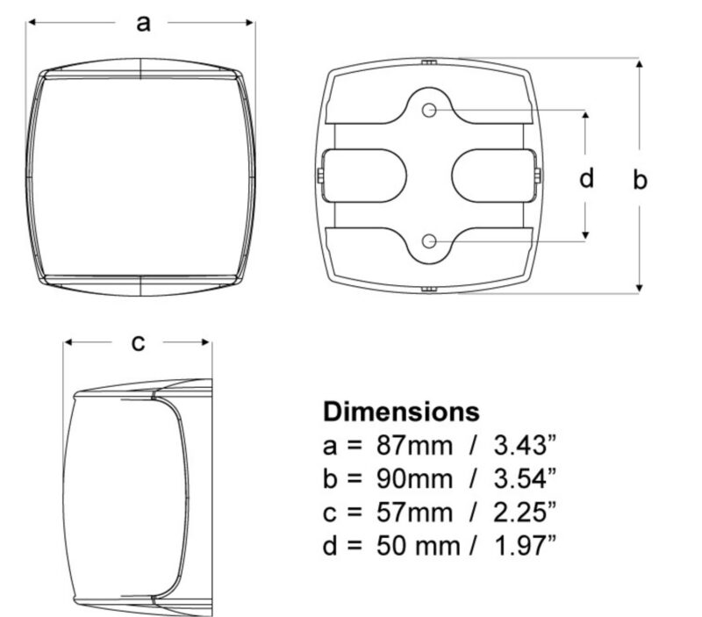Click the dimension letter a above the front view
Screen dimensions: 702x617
tap(143, 24)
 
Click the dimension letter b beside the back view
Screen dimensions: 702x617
tap(640, 179)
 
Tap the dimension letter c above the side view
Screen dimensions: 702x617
tap(139, 343)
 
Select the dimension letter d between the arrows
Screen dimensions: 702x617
tap(586, 177)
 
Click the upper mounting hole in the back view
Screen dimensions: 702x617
tap(429, 110)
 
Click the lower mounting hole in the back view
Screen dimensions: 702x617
tap(429, 241)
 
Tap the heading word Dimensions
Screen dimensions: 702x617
tap(401, 412)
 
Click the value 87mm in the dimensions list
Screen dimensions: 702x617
tap(414, 446)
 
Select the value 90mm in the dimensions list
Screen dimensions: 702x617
tap(414, 478)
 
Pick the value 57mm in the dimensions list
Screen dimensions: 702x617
tap(414, 513)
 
